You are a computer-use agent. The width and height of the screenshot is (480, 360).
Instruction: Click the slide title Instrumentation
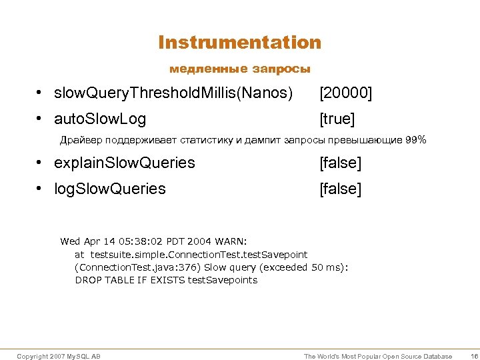pyautogui.click(x=240, y=43)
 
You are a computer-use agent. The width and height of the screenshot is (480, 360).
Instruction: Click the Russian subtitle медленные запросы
pyautogui.click(x=240, y=69)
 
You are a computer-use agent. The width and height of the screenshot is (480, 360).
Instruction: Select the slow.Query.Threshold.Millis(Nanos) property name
pyautogui.click(x=173, y=94)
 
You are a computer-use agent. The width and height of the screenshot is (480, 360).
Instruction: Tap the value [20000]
pyautogui.click(x=345, y=94)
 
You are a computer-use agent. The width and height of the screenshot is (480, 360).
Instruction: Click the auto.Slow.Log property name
pyautogui.click(x=100, y=119)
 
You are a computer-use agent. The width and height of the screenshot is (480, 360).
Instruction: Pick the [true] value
pyautogui.click(x=337, y=119)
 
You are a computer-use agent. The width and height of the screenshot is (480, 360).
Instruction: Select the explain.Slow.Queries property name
pyautogui.click(x=125, y=163)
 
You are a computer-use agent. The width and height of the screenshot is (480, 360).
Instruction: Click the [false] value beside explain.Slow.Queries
pyautogui.click(x=340, y=163)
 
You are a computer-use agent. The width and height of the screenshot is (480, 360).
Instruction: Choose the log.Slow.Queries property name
pyautogui.click(x=110, y=189)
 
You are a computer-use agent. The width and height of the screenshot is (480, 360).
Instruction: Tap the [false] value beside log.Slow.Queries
pyautogui.click(x=340, y=189)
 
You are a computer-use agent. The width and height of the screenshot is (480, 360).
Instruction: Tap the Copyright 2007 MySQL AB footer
pyautogui.click(x=59, y=357)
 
